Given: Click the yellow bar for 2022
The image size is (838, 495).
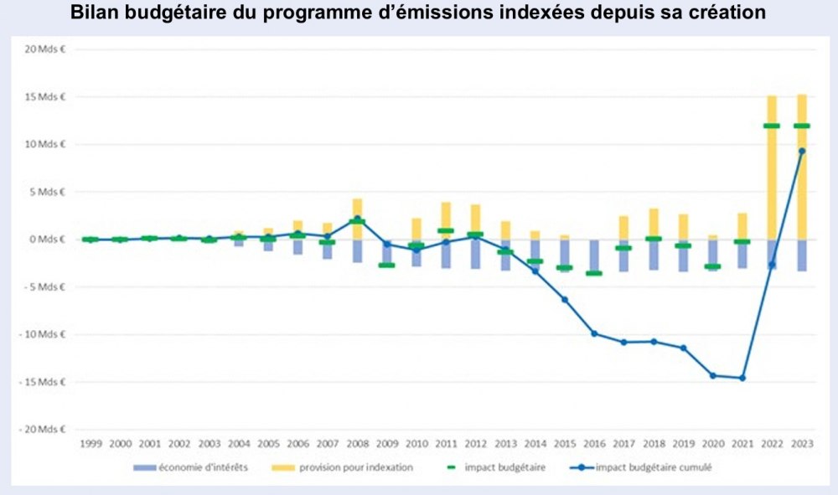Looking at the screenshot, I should click(772, 168).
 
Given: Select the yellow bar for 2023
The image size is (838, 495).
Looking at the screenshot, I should click(801, 168).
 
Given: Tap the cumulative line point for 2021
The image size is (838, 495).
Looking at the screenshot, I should click(742, 378).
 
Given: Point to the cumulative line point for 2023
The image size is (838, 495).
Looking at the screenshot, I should click(801, 151).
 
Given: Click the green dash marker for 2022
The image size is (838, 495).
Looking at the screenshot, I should click(772, 126).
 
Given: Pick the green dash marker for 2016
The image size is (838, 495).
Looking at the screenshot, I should click(594, 273).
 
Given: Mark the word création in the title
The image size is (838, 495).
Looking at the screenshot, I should click(728, 14).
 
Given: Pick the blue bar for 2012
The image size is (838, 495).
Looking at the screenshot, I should click(475, 254).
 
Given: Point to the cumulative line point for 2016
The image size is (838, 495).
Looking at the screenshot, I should click(594, 333).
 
